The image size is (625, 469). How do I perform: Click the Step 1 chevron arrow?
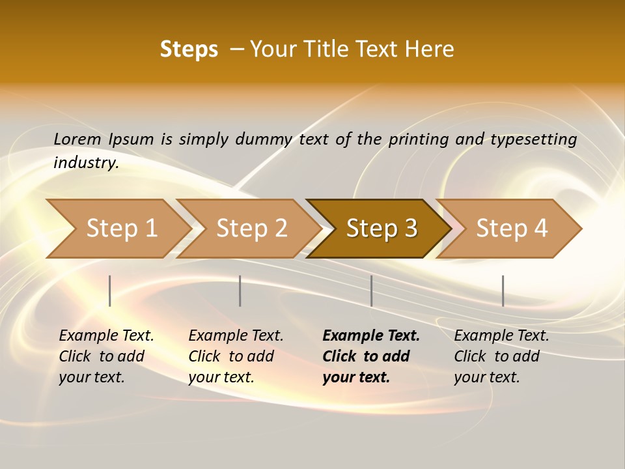coord(117,229)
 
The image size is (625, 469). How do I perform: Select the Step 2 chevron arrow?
coord(247,229)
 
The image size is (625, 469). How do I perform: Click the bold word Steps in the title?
coord(189,50)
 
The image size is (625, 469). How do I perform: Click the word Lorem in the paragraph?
coord(77,139)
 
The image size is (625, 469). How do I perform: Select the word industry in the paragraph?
coord(85,163)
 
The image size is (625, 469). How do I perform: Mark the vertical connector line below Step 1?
coord(110,291)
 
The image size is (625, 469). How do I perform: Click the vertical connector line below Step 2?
coord(240,291)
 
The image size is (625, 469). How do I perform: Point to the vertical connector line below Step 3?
coord(371,291)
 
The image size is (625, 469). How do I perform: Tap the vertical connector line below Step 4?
coord(503,291)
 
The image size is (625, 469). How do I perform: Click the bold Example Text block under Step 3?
coord(370,356)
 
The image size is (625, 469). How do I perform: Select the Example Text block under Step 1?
coord(106,356)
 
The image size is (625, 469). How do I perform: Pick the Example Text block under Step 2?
coord(236,356)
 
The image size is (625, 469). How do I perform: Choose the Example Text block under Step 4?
coord(501,356)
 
